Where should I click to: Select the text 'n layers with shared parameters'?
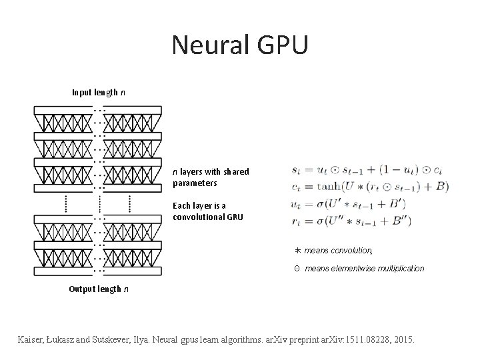(211, 177)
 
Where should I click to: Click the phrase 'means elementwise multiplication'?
(364, 268)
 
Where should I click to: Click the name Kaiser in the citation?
(33, 339)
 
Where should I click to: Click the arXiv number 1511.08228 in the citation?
(366, 339)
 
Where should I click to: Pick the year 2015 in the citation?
(403, 339)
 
